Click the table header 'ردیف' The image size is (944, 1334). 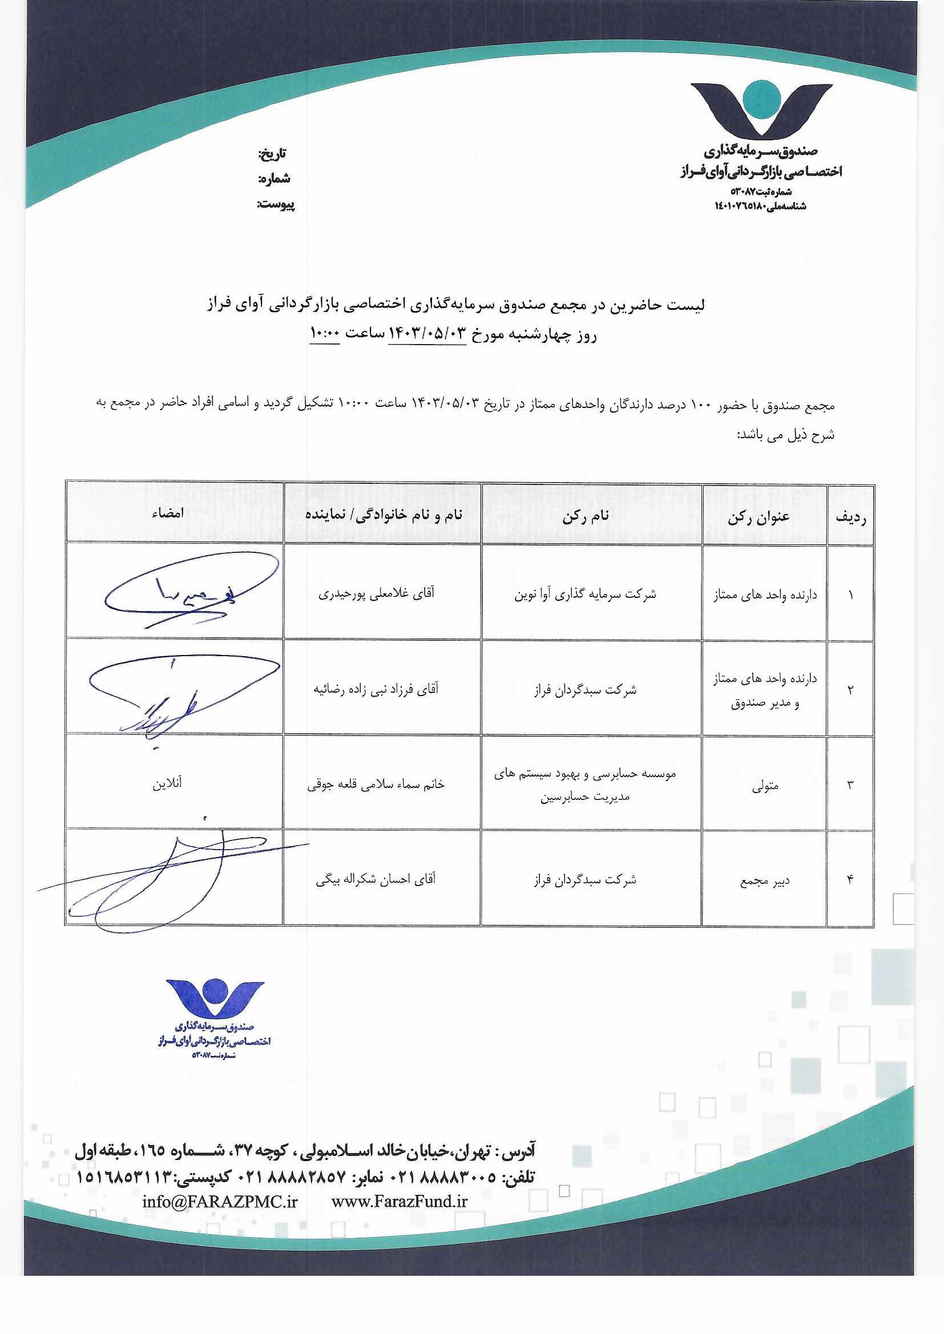click(850, 518)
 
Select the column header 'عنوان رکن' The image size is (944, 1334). click(759, 517)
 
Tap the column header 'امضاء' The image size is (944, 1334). click(168, 513)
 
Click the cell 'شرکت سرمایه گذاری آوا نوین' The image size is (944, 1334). click(585, 595)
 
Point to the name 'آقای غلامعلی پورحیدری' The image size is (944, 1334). click(376, 594)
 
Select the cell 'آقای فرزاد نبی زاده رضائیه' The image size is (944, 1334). click(376, 689)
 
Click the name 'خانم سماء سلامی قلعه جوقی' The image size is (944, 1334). click(376, 784)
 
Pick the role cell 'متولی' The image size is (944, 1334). click(765, 786)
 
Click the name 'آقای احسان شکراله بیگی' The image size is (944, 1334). click(376, 879)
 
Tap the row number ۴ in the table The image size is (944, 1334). click(850, 880)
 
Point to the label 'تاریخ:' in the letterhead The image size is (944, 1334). click(272, 154)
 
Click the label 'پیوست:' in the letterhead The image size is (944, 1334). click(276, 204)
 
